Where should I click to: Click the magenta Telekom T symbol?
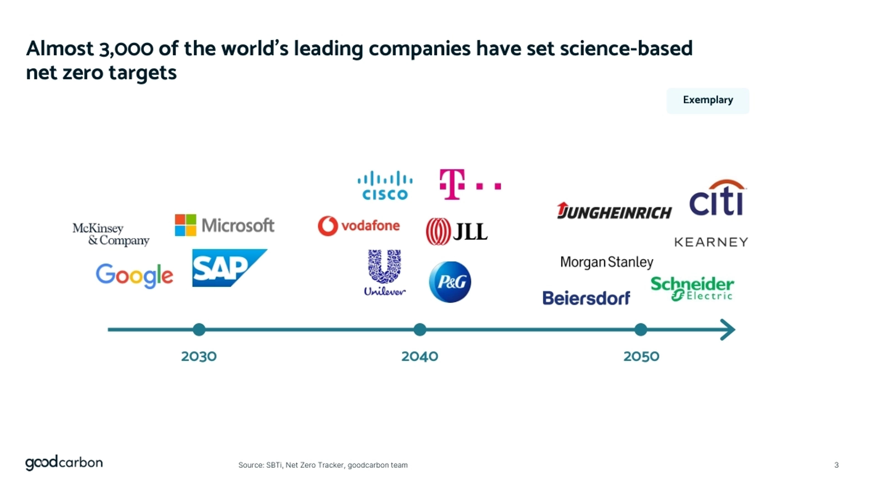(x=452, y=184)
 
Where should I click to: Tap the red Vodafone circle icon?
(x=328, y=225)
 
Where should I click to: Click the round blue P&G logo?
(x=450, y=282)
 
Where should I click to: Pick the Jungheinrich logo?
(x=614, y=211)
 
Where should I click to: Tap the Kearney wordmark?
(x=711, y=242)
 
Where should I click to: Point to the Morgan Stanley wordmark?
(x=607, y=262)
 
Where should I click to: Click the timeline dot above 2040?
(x=420, y=329)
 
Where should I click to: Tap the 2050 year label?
(x=641, y=356)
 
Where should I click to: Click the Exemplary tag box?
(x=708, y=100)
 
